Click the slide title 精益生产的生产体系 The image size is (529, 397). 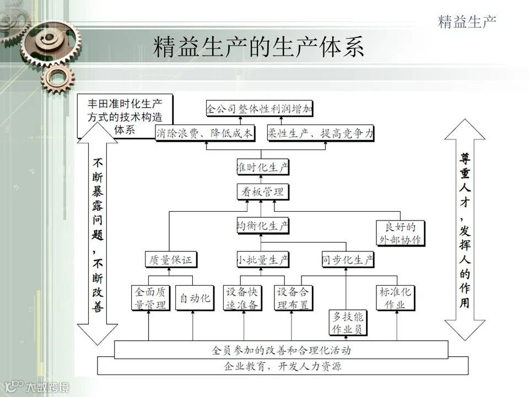coord(259,47)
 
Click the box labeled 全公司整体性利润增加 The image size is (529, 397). coord(260,109)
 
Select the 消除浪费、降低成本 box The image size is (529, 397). coord(204,133)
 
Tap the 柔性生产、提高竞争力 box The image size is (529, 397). coord(320,133)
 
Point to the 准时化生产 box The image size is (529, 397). coord(262,167)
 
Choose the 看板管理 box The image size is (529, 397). coord(262,192)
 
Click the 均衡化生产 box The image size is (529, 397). coord(262,226)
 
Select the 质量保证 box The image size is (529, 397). coord(171,260)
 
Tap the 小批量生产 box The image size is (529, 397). coord(262,260)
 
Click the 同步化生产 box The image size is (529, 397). coord(348,260)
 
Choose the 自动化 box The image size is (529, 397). coord(195,298)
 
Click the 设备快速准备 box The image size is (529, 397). coord(241,298)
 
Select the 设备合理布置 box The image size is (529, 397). coord(295,298)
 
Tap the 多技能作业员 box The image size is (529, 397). coord(348,323)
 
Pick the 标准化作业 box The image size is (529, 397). coord(395,298)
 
